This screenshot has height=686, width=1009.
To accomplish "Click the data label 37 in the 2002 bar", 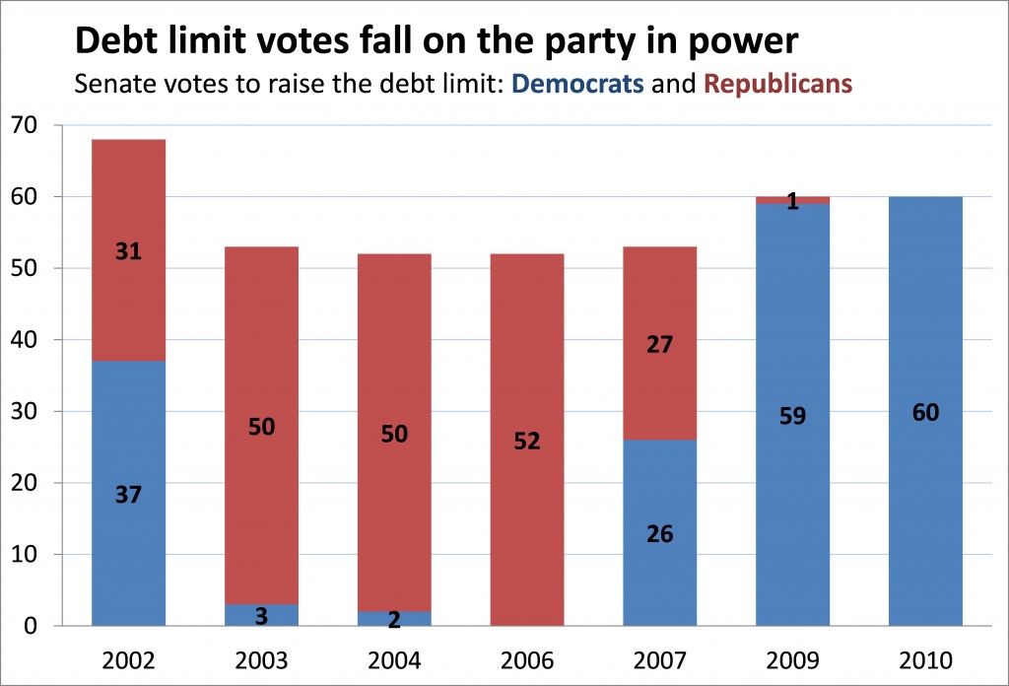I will pyautogui.click(x=128, y=496).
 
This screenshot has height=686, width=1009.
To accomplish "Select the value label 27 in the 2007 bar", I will pyautogui.click(x=659, y=345).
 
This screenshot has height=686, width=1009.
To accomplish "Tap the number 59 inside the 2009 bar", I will pyautogui.click(x=792, y=416).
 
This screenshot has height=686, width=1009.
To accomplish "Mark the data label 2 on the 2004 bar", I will pyautogui.click(x=394, y=620).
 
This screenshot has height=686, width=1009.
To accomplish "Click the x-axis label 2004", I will pyautogui.click(x=394, y=658).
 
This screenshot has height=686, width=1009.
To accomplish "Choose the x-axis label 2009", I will pyautogui.click(x=792, y=658).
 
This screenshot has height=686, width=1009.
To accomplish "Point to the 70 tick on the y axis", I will pyautogui.click(x=24, y=126).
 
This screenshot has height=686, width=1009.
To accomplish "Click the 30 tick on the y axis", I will pyautogui.click(x=24, y=412).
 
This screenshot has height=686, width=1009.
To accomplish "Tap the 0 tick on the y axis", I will pyautogui.click(x=31, y=626).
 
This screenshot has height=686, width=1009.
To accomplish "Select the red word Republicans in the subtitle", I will pyautogui.click(x=777, y=84).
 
